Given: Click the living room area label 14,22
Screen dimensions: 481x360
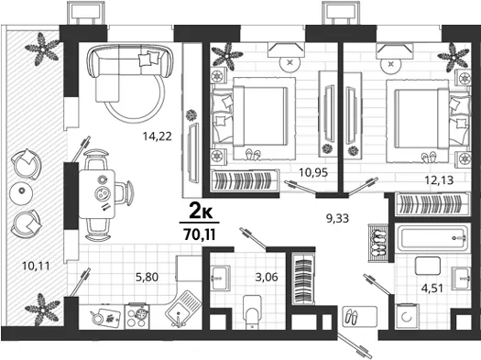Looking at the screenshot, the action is pos(158,136).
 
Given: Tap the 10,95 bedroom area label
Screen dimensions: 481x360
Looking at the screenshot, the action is pos(313,172).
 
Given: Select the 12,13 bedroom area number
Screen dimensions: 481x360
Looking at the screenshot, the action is pos(439,180).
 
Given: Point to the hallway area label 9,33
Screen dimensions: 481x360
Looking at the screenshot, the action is pos(337,218).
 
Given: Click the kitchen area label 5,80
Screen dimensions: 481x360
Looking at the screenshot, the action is pos(147,278).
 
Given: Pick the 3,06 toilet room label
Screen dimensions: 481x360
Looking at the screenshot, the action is pos(267,278).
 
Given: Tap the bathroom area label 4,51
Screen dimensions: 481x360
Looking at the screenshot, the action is pos(432,289).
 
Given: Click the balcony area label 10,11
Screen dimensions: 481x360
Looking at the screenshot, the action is pos(36,266).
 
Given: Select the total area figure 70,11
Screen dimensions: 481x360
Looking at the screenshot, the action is pos(200,235).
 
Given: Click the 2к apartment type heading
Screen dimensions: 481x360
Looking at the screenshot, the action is pos(201,212).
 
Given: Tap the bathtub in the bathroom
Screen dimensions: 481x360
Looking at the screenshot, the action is pos(432,237).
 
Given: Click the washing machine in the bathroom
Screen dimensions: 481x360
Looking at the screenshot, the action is pos(407,316).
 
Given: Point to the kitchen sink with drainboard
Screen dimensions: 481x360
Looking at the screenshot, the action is pos(183,309).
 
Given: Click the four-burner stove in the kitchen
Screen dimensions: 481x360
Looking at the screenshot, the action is pos(137,316).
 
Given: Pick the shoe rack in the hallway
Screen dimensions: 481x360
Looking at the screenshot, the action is pos(378,242).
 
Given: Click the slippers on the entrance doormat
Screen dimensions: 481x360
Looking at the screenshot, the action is pos(351,316).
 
